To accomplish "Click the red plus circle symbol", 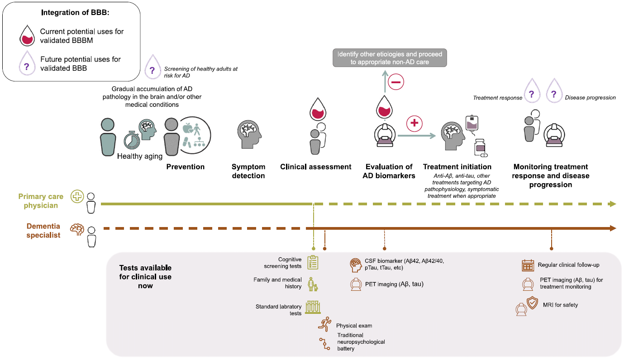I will click(414, 123).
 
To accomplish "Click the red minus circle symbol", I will click(395, 83).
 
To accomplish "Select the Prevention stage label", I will click(186, 167).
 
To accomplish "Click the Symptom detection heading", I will click(248, 171).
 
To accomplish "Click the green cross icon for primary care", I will click(77, 197).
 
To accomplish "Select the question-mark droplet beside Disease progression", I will click(553, 94).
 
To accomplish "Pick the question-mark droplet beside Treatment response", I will click(531, 94).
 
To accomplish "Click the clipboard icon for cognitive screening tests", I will click(312, 262).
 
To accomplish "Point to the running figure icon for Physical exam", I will click(325, 324).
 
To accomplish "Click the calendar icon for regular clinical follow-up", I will click(528, 265).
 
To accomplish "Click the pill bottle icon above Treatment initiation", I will click(480, 147).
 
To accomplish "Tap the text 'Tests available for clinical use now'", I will click(145, 277).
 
